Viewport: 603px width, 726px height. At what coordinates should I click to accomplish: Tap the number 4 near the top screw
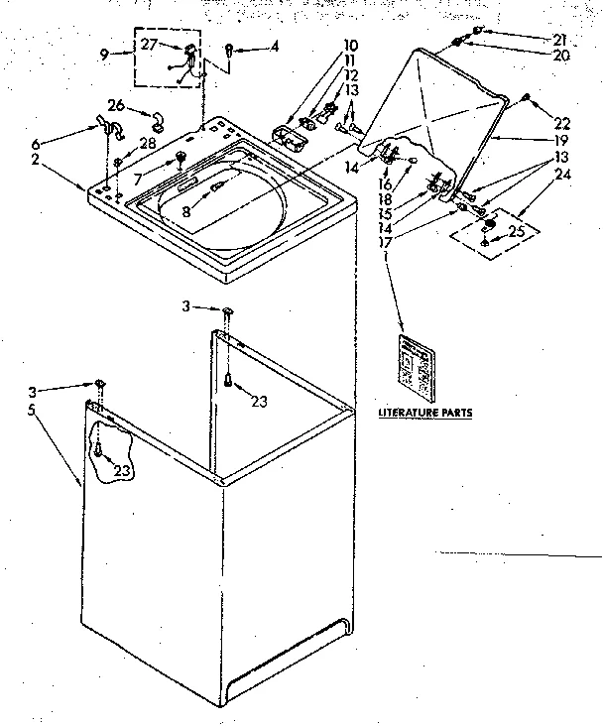[275, 45]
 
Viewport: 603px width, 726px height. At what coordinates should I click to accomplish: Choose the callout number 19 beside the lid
[562, 140]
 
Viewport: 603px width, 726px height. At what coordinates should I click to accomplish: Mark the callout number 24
[562, 176]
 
